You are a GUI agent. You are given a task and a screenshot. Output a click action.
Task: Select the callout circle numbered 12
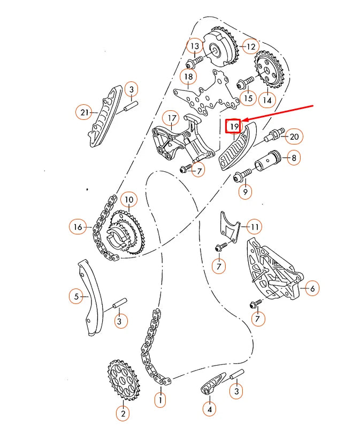[x=250, y=47]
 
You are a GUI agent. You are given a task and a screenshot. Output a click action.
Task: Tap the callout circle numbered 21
[x=83, y=112]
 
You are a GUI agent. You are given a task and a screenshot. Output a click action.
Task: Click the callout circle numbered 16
[x=78, y=227]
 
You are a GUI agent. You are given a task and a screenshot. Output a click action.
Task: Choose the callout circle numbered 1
[x=159, y=399]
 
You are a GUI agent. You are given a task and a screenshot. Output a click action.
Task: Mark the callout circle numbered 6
[x=312, y=289]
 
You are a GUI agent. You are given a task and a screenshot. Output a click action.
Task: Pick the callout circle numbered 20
[x=294, y=137]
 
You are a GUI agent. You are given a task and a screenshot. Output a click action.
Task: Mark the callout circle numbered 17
[x=171, y=118]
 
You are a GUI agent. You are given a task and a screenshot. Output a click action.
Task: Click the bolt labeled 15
[x=245, y=82]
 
